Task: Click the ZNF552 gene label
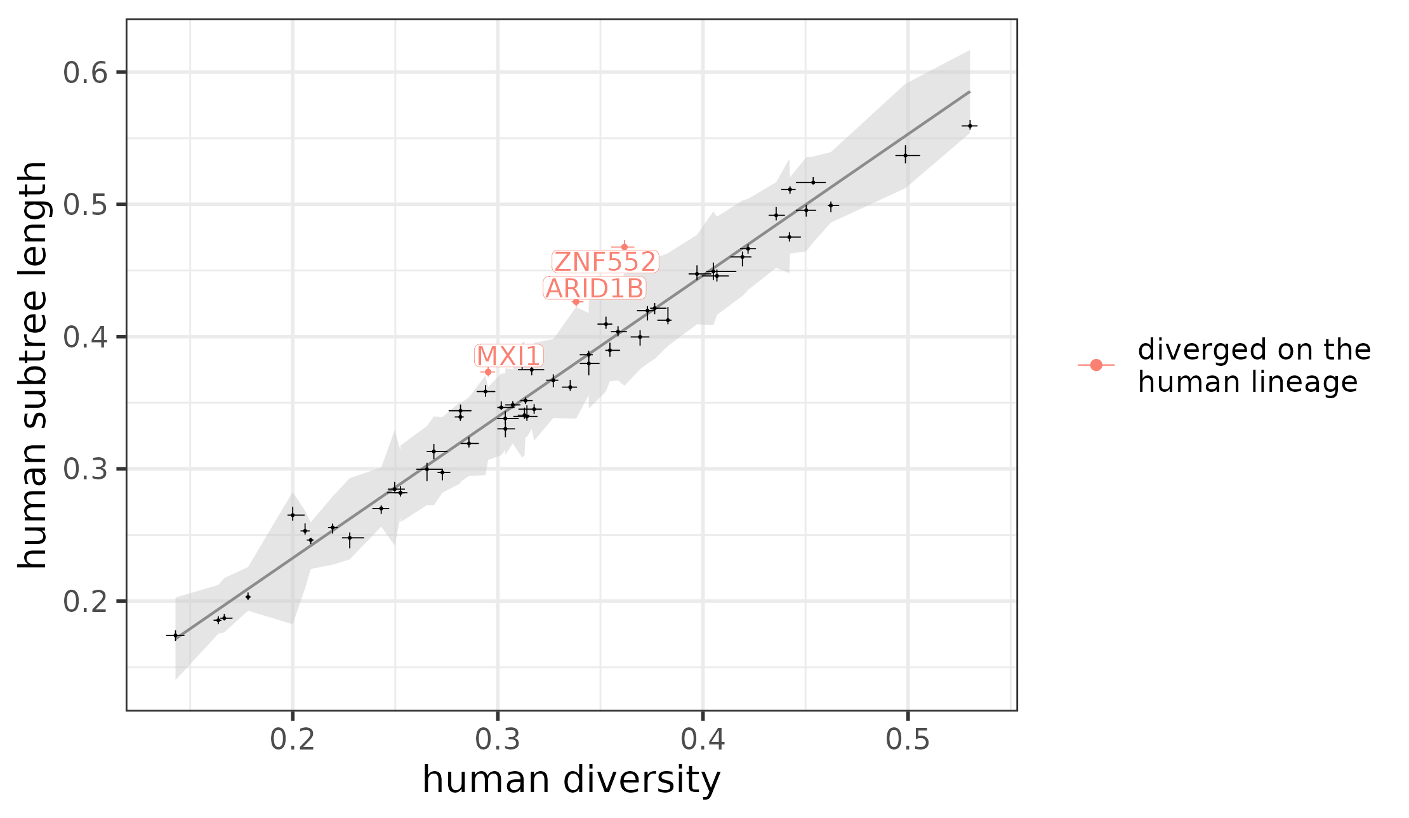coord(605,262)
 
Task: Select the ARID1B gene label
coord(595,289)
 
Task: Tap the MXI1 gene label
coord(509,356)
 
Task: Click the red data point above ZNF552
coord(624,247)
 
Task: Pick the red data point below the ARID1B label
coord(576,302)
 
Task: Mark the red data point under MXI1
coord(487,372)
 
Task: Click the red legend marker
coord(1095,365)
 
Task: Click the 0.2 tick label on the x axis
coord(293,740)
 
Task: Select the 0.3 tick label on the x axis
coord(498,740)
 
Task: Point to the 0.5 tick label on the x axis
coord(908,740)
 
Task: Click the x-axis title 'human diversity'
coord(571,779)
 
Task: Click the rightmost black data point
coord(969,126)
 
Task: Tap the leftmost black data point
coord(176,635)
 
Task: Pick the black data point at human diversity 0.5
coord(906,155)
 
